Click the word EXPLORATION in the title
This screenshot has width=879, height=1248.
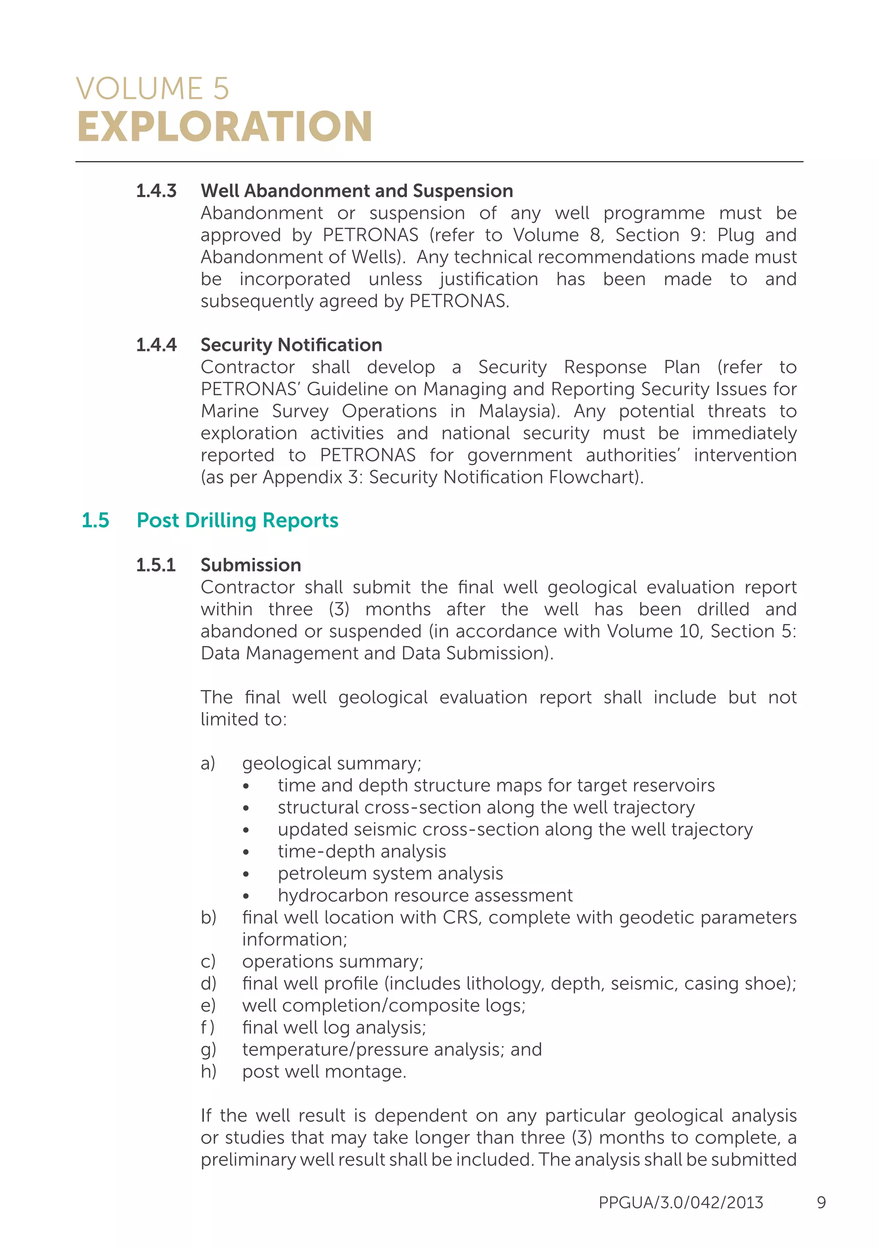[x=224, y=127]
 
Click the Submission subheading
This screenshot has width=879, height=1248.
[x=251, y=565]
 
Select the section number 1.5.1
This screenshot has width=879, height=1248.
[x=155, y=565]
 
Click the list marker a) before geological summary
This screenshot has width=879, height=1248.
[x=208, y=763]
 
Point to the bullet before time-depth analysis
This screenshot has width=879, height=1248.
[x=246, y=852]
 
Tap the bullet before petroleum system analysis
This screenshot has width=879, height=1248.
[x=246, y=874]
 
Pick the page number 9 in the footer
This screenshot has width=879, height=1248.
[x=821, y=1202]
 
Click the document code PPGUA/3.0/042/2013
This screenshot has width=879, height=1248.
[x=681, y=1202]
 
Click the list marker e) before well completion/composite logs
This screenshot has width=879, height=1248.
[x=208, y=1006]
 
